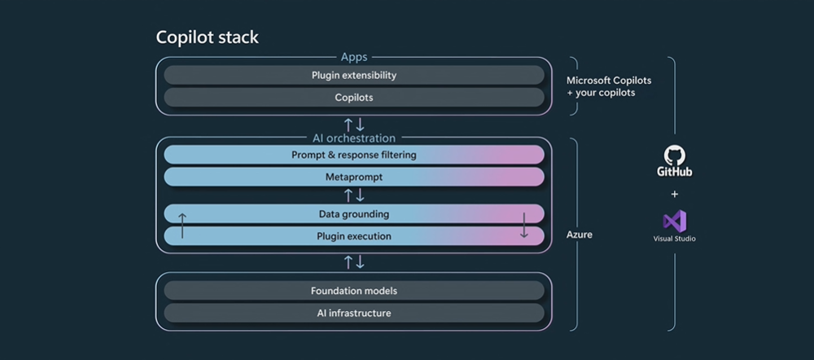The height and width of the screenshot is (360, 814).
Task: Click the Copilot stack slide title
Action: pyautogui.click(x=207, y=38)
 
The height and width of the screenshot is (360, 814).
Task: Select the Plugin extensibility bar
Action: pyautogui.click(x=354, y=75)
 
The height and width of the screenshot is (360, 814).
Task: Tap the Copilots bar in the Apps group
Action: pyautogui.click(x=354, y=98)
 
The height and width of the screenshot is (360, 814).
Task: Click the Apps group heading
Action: pyautogui.click(x=354, y=57)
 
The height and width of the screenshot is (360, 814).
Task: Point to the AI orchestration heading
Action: pyautogui.click(x=354, y=138)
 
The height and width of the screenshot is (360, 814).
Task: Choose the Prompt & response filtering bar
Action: pyautogui.click(x=354, y=155)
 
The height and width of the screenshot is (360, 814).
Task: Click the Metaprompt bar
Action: pyautogui.click(x=354, y=177)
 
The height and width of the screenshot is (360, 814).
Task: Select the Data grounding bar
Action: pyautogui.click(x=354, y=214)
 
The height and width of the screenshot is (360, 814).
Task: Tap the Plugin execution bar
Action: pyautogui.click(x=354, y=236)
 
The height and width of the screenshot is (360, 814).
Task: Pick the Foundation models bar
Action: pyautogui.click(x=354, y=291)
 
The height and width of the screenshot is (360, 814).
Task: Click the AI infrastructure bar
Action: pyautogui.click(x=354, y=314)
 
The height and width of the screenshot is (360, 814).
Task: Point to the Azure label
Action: pyautogui.click(x=580, y=235)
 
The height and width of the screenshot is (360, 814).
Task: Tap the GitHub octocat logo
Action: pyautogui.click(x=674, y=156)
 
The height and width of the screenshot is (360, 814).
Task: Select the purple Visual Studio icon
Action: pyautogui.click(x=675, y=222)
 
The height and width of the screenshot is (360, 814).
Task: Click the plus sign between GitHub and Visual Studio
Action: pyautogui.click(x=674, y=195)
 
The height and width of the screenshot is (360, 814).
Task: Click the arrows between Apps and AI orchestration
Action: pyautogui.click(x=354, y=125)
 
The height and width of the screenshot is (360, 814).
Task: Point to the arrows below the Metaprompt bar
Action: pyautogui.click(x=354, y=195)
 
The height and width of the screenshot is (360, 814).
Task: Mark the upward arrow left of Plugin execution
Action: pyautogui.click(x=182, y=226)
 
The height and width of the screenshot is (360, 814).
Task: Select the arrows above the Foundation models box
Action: pyautogui.click(x=354, y=262)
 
